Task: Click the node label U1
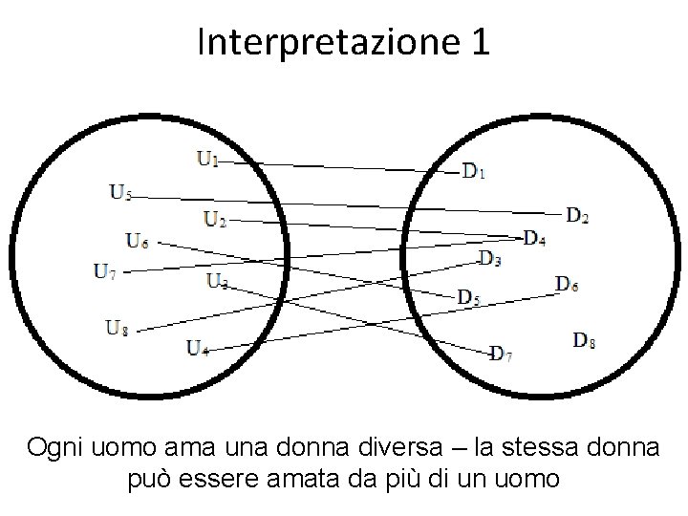click(207, 159)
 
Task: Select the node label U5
click(120, 193)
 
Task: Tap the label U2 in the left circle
click(215, 220)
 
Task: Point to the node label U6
click(138, 240)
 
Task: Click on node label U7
click(105, 270)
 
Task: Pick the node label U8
click(118, 329)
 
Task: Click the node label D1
click(474, 172)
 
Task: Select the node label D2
click(577, 216)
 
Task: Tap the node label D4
click(534, 237)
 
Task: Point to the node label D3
click(490, 257)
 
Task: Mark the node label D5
click(468, 298)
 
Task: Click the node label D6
click(567, 283)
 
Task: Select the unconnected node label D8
click(585, 339)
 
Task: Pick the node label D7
click(502, 355)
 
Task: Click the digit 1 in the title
click(479, 42)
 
